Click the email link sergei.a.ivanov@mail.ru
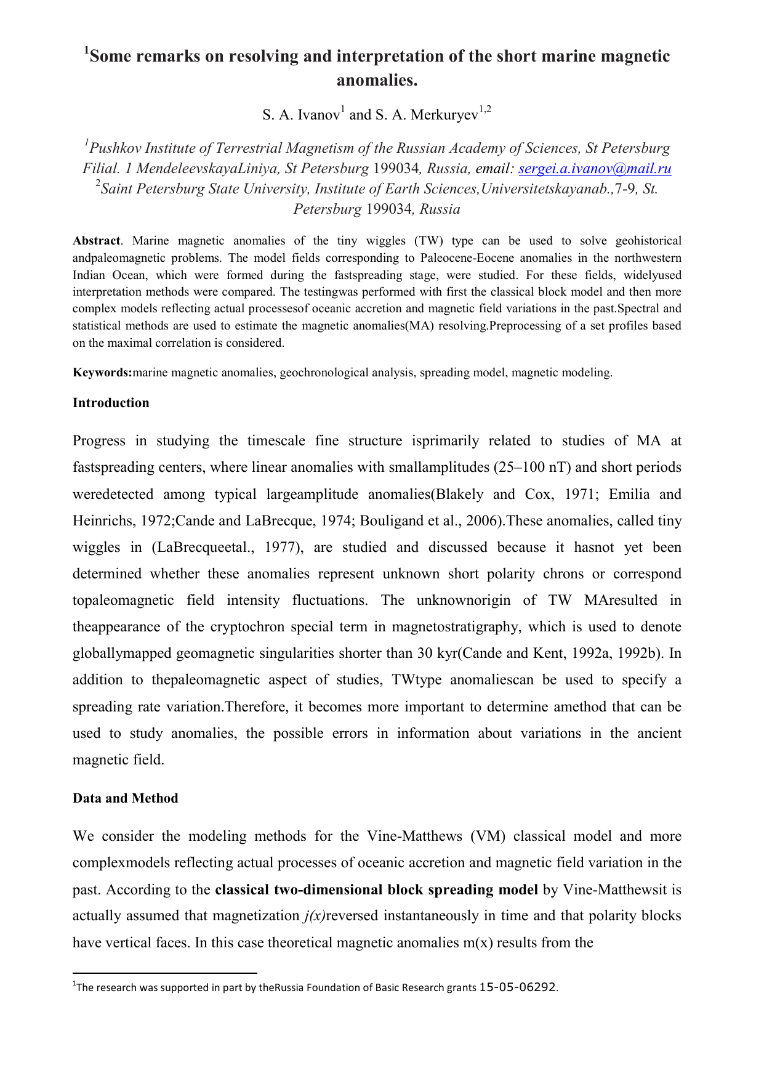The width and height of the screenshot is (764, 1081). tap(595, 169)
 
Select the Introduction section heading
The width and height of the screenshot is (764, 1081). tap(111, 403)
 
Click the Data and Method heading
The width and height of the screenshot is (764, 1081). tap(125, 798)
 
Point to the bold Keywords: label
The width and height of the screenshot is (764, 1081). tap(102, 373)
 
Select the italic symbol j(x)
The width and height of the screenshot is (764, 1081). tap(315, 917)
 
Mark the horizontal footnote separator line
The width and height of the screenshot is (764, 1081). tap(164, 973)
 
